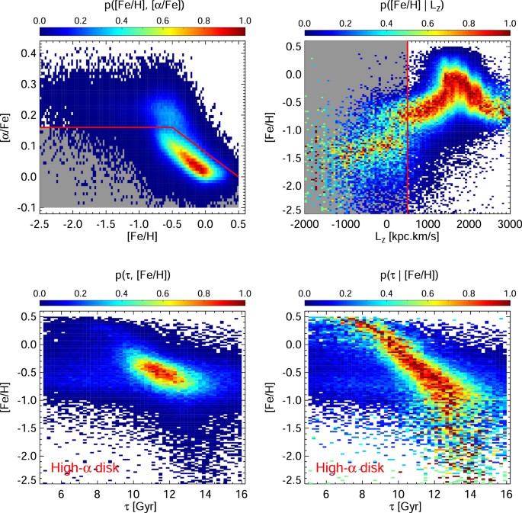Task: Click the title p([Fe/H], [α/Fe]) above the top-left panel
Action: [x=142, y=6]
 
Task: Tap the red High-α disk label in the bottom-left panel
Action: [x=85, y=468]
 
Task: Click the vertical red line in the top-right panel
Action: [x=408, y=122]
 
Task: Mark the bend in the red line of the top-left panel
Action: [x=172, y=127]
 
